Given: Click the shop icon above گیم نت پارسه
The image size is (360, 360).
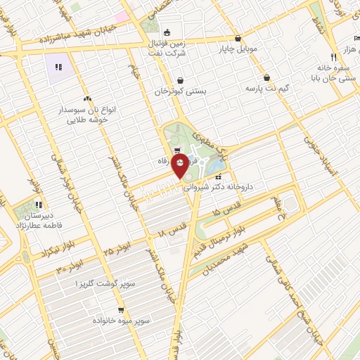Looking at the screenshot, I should coord(266,78).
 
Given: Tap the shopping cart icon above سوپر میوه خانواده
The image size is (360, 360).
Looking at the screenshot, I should coord(121,309).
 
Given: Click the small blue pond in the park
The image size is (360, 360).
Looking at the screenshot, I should coord(218,166).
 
